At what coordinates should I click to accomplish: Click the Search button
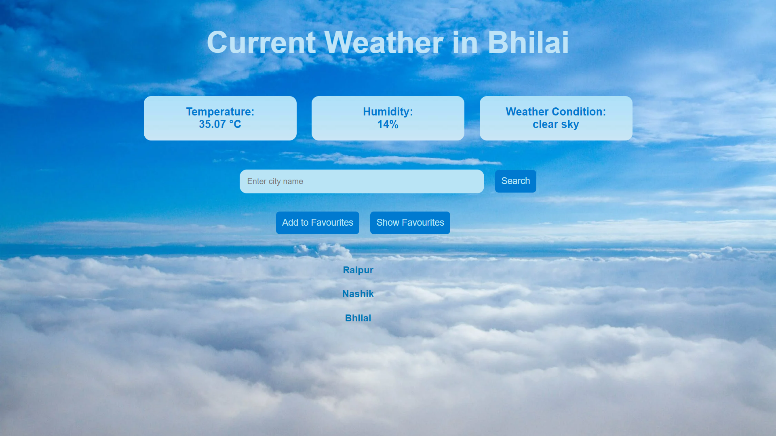coord(515,181)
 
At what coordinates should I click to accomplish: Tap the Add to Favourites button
coord(317,223)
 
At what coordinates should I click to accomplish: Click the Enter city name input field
coord(361,182)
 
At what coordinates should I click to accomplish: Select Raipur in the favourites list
coord(358,270)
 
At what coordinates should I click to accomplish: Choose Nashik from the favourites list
coord(358,294)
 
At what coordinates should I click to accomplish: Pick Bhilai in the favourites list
coord(358,318)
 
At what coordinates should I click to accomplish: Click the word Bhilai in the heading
coord(528,43)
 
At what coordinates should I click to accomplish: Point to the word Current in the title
coord(261,43)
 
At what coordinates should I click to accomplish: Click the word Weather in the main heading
coord(384,43)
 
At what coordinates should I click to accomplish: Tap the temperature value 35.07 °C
coord(220,124)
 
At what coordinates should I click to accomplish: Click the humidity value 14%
coord(388,124)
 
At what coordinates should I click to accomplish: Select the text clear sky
coord(555,124)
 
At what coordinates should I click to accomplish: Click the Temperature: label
coord(220,112)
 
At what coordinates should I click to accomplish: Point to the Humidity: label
coord(388,112)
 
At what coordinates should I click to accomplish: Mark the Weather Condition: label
coord(555,112)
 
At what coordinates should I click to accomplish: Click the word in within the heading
coord(465,43)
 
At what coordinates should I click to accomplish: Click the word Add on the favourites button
coord(290,223)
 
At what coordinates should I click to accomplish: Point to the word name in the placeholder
coord(293,182)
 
